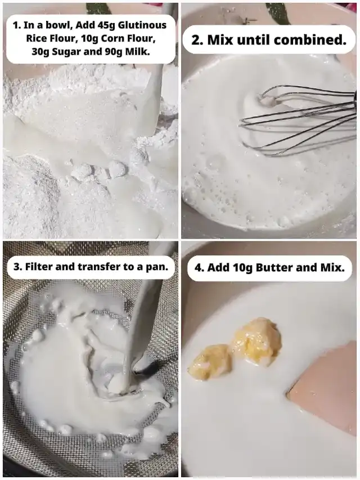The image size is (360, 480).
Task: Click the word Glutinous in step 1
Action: tap(142, 25)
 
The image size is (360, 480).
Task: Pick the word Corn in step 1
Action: tap(112, 38)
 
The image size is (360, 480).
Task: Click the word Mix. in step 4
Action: tap(332, 267)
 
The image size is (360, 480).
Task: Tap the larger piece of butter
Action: tap(257, 341)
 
